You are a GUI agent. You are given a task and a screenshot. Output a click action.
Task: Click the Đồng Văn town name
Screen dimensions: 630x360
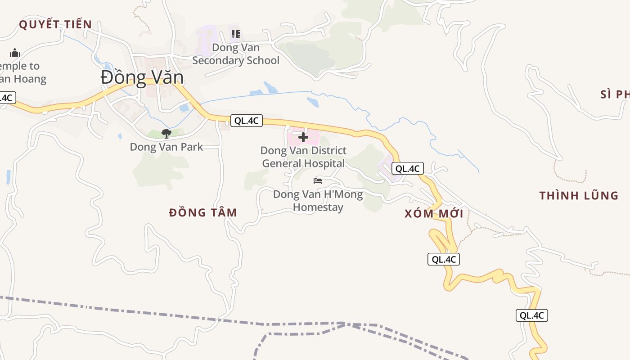(x=142, y=77)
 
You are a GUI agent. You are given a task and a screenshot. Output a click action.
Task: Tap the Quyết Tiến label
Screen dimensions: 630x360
(x=55, y=24)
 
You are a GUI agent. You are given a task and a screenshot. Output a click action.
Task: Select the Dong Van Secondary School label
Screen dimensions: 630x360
(x=236, y=54)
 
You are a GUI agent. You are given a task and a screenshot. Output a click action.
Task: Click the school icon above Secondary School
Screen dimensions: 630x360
(x=236, y=34)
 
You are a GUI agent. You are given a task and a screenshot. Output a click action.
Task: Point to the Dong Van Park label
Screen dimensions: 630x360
(x=166, y=147)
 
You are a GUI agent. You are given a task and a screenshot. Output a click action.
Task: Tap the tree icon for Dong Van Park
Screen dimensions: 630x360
(x=166, y=133)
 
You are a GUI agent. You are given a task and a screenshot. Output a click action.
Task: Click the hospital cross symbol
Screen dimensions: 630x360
(x=303, y=137)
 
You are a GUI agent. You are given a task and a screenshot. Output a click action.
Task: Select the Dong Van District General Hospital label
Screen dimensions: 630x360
(x=304, y=157)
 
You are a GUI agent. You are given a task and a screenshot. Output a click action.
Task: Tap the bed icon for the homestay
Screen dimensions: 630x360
(x=318, y=181)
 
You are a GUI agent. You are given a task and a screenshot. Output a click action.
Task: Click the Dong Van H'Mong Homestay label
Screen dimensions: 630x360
(x=318, y=201)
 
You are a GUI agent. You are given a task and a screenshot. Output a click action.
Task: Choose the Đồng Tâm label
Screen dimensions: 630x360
(x=203, y=212)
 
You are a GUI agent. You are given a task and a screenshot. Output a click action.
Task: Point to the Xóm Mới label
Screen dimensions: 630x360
(x=434, y=214)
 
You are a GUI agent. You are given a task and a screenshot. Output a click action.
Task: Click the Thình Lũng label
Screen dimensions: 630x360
(x=579, y=195)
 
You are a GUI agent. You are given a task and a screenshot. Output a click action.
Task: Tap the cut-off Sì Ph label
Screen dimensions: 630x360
(x=615, y=94)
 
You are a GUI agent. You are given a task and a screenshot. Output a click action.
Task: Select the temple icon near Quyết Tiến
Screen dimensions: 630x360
(x=15, y=53)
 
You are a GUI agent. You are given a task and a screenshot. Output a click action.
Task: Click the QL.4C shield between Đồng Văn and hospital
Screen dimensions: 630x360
(x=246, y=121)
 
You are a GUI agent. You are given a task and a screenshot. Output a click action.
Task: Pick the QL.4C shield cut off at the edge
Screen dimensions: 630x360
(x=7, y=98)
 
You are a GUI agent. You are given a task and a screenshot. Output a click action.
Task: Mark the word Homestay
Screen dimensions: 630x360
(x=318, y=207)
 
